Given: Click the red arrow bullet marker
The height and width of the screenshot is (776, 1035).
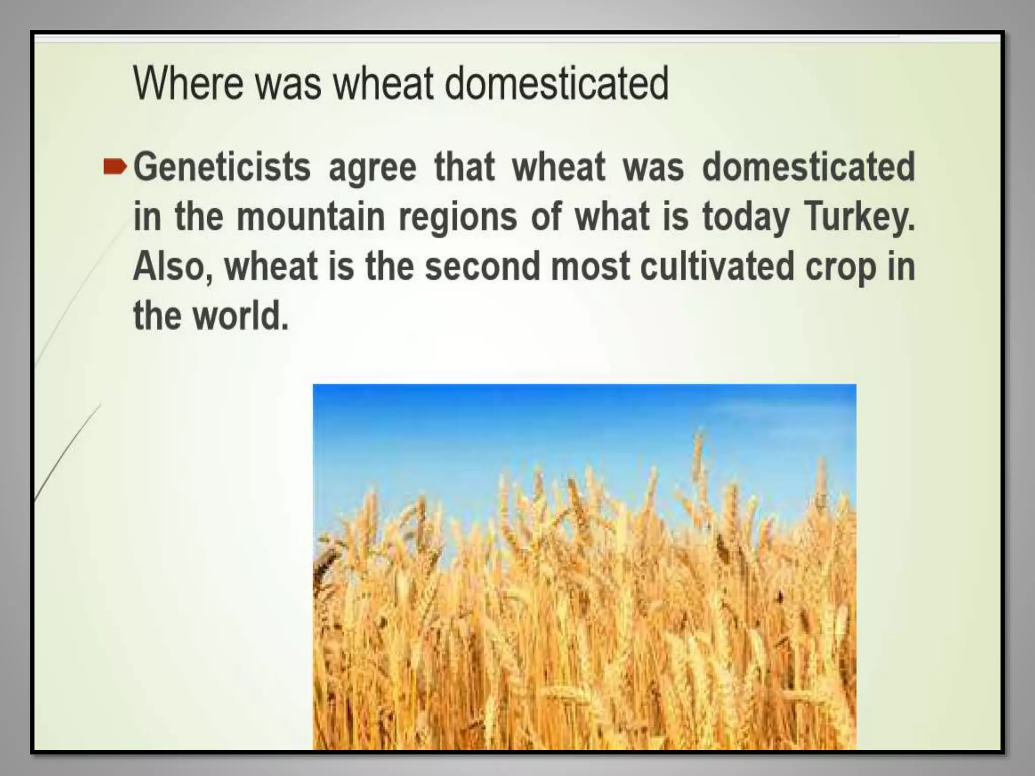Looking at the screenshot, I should point(115,167).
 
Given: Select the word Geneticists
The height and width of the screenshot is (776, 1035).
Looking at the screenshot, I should point(222,167).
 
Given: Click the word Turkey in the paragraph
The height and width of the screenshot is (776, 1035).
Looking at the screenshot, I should point(859,217).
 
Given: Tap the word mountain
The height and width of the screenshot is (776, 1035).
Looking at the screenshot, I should point(310,217).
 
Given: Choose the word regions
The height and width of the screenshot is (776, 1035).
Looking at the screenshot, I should point(458,218).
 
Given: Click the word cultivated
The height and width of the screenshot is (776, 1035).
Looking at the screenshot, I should point(717,266).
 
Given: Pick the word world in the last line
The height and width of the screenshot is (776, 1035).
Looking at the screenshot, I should point(241,316).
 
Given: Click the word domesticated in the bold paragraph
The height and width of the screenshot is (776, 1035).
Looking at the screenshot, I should point(809,167).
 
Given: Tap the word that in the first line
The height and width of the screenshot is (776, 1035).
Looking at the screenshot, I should point(464,167).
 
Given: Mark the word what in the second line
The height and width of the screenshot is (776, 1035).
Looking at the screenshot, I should point(611,217).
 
